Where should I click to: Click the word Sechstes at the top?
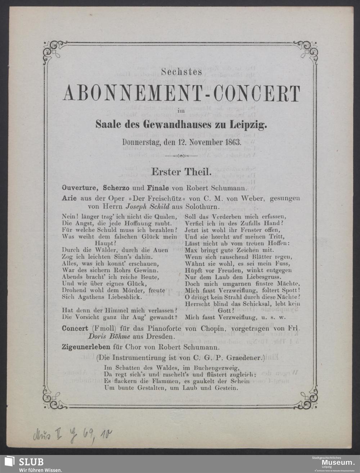(181, 72)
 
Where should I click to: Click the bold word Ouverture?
(81, 188)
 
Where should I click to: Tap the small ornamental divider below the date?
(181, 156)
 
